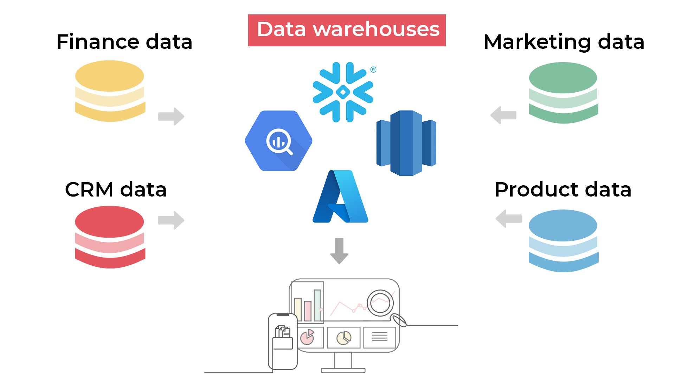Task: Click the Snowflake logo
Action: (343, 92)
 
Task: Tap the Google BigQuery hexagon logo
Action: (278, 141)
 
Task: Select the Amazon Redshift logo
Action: (406, 143)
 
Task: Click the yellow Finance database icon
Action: (110, 91)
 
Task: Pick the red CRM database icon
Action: (110, 237)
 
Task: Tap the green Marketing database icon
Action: (563, 93)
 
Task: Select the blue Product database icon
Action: (563, 241)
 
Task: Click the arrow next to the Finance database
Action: (171, 116)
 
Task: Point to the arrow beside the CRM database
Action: (171, 220)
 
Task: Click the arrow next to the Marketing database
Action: (503, 115)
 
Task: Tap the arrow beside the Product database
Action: (508, 219)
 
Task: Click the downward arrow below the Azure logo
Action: (339, 251)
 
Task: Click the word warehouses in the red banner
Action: (376, 29)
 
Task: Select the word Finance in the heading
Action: (98, 42)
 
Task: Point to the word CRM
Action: (89, 190)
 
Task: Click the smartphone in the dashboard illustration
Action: (283, 341)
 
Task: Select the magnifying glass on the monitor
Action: (381, 303)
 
